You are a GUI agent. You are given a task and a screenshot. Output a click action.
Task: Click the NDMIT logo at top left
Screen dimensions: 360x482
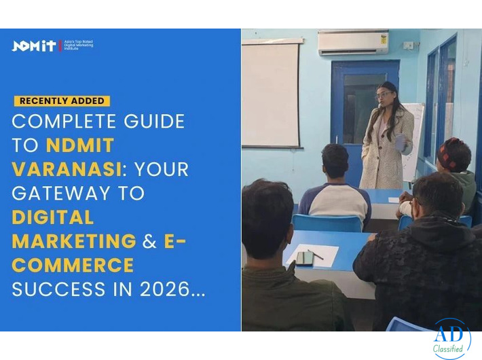click(x=34, y=46)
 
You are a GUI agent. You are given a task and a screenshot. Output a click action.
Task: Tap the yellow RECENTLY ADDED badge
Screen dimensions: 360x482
click(x=62, y=101)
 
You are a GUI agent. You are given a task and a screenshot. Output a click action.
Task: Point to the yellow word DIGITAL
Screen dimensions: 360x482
click(x=52, y=217)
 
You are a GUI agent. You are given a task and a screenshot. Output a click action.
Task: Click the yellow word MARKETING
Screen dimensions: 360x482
click(x=74, y=241)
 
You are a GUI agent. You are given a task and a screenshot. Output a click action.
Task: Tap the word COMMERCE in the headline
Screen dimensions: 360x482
click(x=73, y=265)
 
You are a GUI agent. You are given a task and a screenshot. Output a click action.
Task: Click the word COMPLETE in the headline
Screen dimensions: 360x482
click(x=55, y=122)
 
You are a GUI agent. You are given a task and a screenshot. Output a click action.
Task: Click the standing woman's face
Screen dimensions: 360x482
click(x=384, y=94)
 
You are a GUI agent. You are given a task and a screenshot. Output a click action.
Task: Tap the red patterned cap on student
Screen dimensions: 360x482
click(x=453, y=154)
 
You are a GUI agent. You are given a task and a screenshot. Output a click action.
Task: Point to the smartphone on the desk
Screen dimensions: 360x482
click(x=304, y=258)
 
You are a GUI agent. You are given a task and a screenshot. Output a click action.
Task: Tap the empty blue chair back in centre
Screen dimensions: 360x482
click(x=327, y=223)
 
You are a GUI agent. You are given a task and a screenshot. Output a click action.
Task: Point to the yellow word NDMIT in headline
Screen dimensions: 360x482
click(x=80, y=145)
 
